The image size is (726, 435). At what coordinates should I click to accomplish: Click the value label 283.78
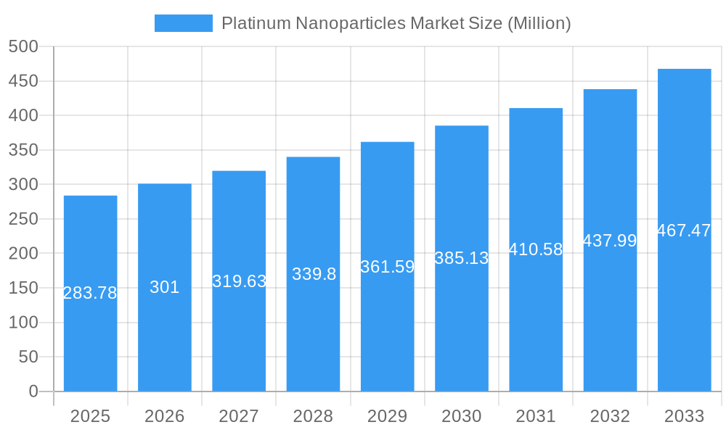[90, 293]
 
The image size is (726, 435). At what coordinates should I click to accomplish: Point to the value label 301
[165, 287]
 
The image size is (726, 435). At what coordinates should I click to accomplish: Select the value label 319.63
[239, 281]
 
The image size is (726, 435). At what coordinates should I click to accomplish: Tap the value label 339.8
[314, 274]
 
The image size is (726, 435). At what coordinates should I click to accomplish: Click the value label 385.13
[461, 258]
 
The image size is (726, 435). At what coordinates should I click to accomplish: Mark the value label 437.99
[610, 241]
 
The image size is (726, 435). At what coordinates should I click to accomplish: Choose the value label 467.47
[684, 231]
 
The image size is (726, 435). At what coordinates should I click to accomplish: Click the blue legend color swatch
[183, 23]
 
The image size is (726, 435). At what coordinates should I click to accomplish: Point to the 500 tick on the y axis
[23, 46]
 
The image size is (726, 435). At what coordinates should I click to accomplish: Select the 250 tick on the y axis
[23, 219]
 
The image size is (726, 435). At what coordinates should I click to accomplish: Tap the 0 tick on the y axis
[33, 391]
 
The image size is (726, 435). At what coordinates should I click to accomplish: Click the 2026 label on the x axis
[165, 416]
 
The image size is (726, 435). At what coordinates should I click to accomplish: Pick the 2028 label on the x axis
[314, 416]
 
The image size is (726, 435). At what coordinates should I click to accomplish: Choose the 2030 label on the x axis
[461, 416]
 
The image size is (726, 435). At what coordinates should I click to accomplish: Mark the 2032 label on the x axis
[610, 416]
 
